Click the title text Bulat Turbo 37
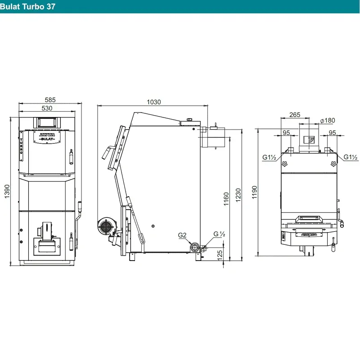tap(27, 6)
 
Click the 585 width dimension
tap(50, 100)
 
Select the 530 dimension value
tap(47, 108)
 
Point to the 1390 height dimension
tap(7, 191)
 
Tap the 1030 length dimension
tap(154, 102)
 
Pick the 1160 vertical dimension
tap(226, 199)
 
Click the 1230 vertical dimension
tap(238, 195)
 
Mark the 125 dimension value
tap(220, 255)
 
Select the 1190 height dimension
tap(254, 192)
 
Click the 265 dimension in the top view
tap(295, 115)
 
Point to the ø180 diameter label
tap(328, 120)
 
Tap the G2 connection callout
tap(182, 235)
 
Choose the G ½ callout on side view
tap(219, 234)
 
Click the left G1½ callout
tap(269, 157)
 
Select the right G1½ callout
tap(351, 157)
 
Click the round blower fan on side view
tap(106, 226)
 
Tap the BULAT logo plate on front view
tap(47, 137)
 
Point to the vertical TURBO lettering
tap(21, 146)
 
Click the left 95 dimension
tap(286, 133)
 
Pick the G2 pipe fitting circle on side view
tap(195, 247)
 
